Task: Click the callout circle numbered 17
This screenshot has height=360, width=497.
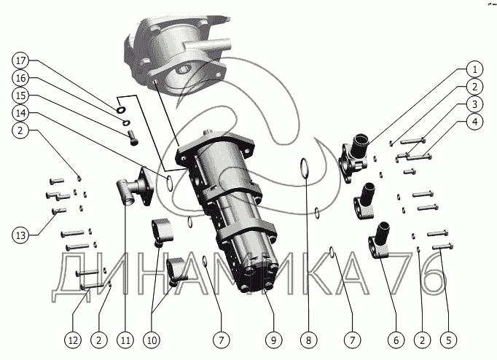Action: (20, 60)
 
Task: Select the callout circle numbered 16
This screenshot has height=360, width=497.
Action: (20, 78)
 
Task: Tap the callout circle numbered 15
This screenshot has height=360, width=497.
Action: (20, 95)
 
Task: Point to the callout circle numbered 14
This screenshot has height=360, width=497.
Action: (20, 113)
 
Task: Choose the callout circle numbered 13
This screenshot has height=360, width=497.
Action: (20, 235)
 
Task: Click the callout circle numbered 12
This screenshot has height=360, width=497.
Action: (73, 340)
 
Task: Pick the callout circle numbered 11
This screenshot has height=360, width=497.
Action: (125, 340)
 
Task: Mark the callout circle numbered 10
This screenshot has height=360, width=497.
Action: (152, 340)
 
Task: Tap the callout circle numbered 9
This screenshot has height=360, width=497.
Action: (274, 340)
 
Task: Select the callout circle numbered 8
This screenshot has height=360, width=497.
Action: (309, 340)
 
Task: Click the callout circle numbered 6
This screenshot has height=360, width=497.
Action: (396, 340)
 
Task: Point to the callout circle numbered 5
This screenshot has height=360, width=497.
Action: (448, 340)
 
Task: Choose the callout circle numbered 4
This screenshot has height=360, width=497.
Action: (475, 122)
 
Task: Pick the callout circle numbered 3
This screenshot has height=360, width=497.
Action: (475, 104)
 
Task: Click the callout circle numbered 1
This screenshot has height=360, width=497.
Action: (475, 69)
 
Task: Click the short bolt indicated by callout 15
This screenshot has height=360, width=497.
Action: (133, 138)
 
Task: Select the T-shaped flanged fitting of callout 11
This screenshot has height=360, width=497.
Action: (135, 187)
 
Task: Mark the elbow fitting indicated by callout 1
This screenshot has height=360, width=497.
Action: (353, 158)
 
